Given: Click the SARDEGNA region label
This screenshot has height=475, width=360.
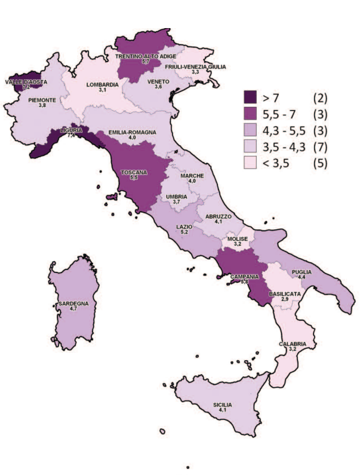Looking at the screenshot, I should [x=73, y=304].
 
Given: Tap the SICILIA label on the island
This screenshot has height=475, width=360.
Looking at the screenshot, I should [x=222, y=404].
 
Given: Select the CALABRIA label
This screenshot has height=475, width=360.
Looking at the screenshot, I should [x=293, y=344].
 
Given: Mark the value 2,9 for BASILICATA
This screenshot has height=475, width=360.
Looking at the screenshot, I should [x=282, y=301].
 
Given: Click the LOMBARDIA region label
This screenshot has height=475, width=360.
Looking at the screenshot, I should [x=103, y=84].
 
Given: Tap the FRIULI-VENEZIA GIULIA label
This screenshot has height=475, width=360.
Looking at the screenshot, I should [x=195, y=66].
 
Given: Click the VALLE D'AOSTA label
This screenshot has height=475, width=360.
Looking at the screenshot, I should [x=26, y=81].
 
